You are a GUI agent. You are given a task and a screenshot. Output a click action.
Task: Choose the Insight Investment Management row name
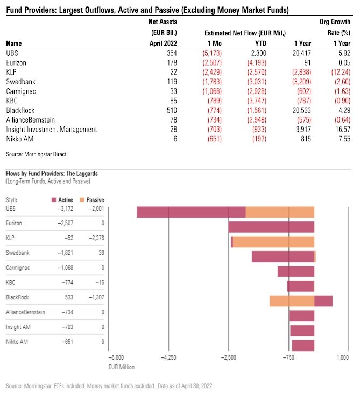coord(52,129)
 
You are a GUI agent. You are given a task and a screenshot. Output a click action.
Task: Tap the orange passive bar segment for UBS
coord(280,212)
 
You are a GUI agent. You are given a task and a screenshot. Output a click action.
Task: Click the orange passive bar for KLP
coord(273,242)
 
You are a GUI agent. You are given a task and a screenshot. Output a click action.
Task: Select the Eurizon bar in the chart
coord(271,227)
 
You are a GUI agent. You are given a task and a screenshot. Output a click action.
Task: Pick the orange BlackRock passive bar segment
coord(292,300)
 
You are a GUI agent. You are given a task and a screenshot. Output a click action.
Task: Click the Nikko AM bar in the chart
coord(302,345)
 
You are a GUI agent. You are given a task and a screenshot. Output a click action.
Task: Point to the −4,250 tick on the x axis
coord(169,357)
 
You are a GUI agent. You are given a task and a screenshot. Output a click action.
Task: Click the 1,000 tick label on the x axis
coord(342,357)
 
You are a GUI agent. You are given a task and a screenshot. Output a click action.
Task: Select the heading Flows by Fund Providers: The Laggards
coord(52,174)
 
